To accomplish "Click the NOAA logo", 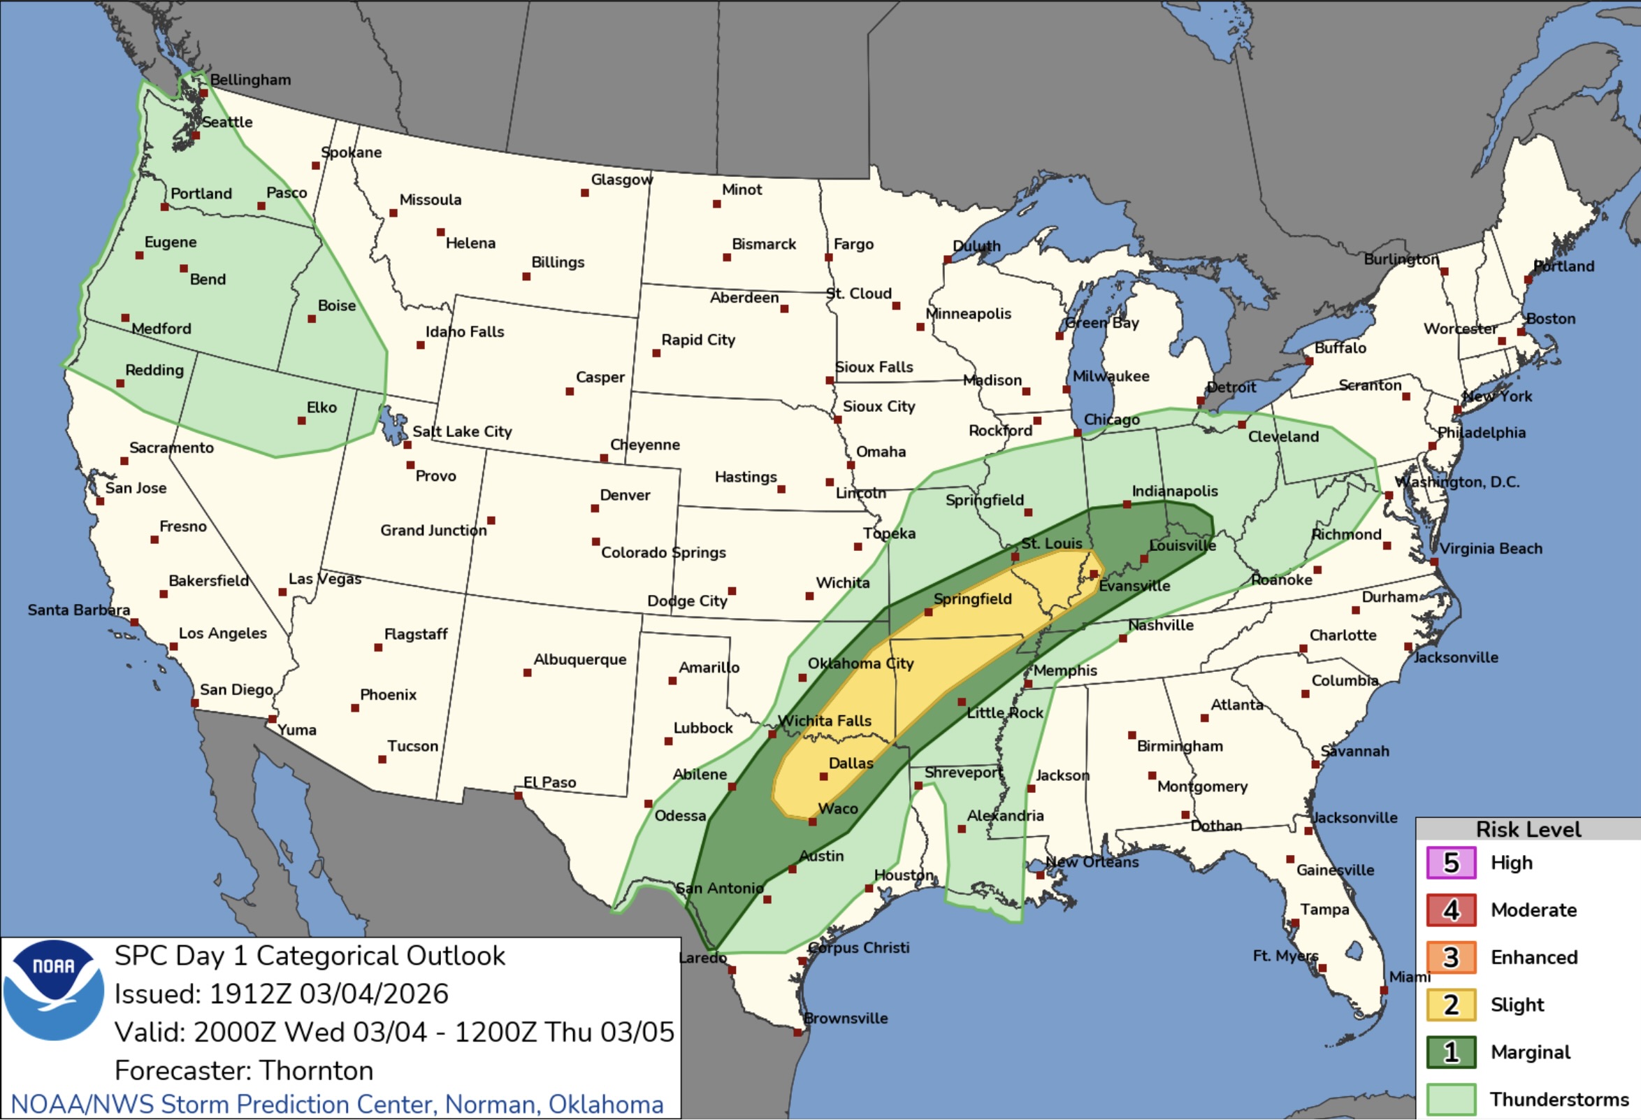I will [x=54, y=990].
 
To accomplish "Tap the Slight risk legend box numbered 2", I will [x=1450, y=1005].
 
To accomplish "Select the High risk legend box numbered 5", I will [x=1450, y=863].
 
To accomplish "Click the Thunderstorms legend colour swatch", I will [x=1450, y=1100].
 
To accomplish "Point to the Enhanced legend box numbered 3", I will [x=1450, y=958].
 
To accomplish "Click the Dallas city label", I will [x=850, y=763].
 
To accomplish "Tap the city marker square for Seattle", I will [x=196, y=136].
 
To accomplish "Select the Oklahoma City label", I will [x=860, y=663].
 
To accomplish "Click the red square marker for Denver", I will [x=595, y=508].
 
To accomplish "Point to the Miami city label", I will [x=1410, y=977].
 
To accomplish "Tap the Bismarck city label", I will [x=763, y=243].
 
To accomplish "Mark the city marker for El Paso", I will [x=518, y=796].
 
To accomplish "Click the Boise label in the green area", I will [x=336, y=306].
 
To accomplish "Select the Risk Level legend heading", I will [x=1528, y=829].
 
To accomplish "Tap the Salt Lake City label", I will [x=462, y=431].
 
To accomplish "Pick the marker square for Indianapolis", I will [x=1127, y=505].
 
